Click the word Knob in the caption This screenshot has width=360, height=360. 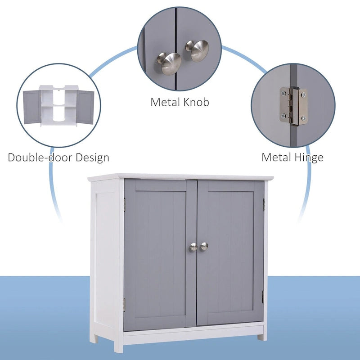click(x=196, y=102)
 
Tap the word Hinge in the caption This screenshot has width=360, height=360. click(x=308, y=157)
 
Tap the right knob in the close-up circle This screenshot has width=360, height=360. click(x=198, y=50)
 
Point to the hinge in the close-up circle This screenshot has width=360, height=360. click(x=292, y=105)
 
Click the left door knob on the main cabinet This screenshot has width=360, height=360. click(x=193, y=247)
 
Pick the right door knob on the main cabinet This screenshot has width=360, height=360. click(x=204, y=246)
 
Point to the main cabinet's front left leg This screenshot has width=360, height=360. click(x=118, y=344)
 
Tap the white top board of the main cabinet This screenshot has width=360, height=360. click(x=180, y=177)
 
